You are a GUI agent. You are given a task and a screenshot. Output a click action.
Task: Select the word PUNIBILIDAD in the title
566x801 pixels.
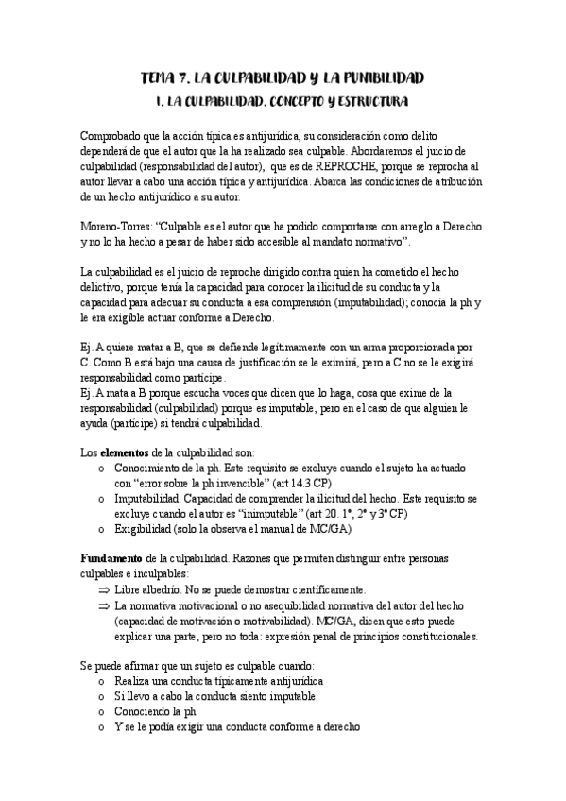pyautogui.click(x=376, y=77)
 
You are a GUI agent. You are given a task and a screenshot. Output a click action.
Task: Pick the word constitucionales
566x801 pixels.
pyautogui.click(x=430, y=637)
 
